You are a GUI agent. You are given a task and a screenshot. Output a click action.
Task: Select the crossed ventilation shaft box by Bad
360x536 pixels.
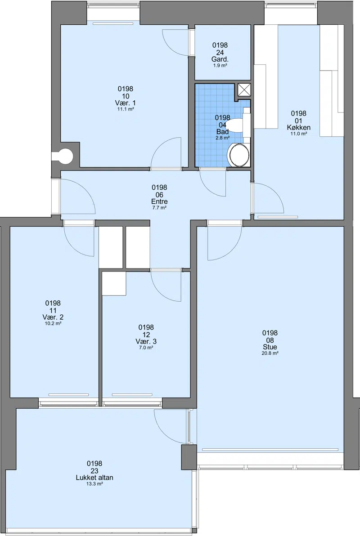[244, 89]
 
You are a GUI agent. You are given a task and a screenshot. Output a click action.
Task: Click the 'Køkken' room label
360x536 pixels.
[299, 128]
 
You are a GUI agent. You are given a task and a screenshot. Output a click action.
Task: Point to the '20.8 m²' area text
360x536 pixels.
[270, 353]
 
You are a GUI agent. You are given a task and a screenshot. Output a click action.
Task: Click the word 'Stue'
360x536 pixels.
[270, 347]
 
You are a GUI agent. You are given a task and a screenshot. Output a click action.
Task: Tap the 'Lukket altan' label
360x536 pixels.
[94, 478]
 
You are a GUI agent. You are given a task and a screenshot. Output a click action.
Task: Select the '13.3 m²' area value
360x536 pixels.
[94, 484]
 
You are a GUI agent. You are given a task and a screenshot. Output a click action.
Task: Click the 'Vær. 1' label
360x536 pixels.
[126, 103]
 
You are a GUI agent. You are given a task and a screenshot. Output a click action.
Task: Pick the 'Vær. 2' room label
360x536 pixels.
[53, 317]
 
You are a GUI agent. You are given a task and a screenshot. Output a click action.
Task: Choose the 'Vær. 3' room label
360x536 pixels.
[146, 341]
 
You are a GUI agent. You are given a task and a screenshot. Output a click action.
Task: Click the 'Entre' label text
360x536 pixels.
[159, 201]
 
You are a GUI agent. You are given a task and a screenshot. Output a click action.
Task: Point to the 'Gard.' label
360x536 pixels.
[220, 59]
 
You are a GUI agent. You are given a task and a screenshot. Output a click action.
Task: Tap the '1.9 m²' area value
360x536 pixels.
[220, 65]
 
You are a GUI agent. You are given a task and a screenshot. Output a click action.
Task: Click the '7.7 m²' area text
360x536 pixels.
[159, 207]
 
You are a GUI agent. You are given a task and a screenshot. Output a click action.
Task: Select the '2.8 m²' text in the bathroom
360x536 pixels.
[222, 138]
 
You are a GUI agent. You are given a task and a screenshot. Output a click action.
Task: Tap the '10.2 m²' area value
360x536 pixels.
[53, 323]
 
